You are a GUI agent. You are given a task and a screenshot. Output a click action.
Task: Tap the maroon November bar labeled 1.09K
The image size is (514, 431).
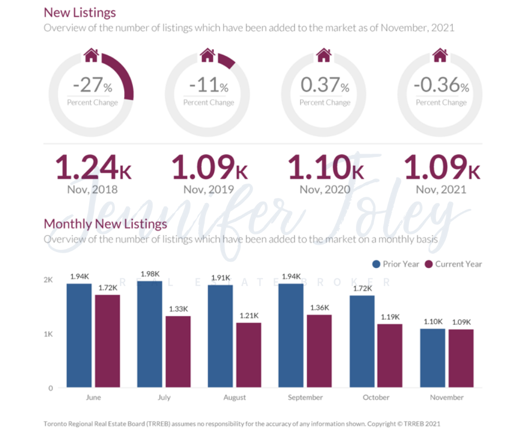(461, 358)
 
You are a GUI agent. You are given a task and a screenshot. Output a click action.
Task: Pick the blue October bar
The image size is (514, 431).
(362, 341)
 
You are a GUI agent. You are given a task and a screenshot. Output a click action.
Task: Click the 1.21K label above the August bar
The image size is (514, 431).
(248, 316)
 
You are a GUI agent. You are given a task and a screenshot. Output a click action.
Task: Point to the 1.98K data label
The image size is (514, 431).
(149, 274)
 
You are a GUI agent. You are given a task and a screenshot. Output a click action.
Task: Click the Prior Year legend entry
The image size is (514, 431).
(395, 264)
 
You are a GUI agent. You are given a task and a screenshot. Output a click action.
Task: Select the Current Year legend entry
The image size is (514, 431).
(454, 264)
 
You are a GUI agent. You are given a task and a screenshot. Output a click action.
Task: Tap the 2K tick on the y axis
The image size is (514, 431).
(48, 280)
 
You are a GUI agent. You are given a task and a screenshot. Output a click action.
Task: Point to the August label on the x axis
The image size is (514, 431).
(235, 398)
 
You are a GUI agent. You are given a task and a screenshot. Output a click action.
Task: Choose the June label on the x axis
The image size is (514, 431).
(94, 398)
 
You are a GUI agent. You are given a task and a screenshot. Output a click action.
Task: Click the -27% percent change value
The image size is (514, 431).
(92, 86)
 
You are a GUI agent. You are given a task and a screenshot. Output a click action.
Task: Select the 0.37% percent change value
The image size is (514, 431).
(325, 86)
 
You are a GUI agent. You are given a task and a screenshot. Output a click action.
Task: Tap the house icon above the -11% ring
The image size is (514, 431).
(208, 55)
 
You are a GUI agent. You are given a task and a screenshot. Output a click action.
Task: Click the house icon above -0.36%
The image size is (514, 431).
(440, 55)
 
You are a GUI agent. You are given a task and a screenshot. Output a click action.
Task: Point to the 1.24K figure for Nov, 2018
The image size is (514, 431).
(94, 167)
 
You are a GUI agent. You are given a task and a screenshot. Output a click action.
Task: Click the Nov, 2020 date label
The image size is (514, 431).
(325, 190)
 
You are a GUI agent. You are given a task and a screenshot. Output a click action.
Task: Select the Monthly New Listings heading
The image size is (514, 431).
(106, 224)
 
